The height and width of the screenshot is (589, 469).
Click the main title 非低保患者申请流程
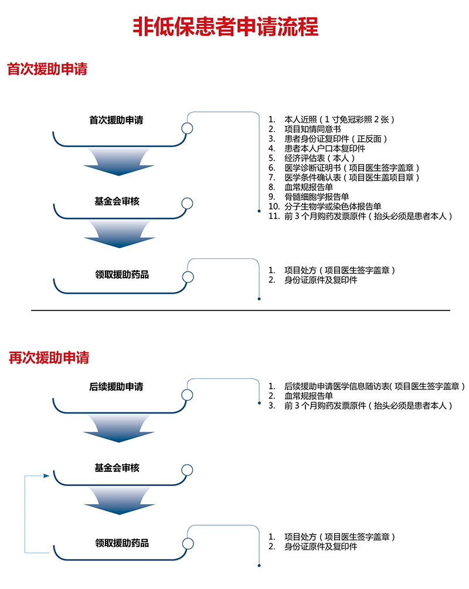[225, 26]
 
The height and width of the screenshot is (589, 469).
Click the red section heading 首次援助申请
[47, 69]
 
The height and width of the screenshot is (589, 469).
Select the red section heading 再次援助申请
[49, 358]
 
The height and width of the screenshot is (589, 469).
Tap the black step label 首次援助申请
[116, 120]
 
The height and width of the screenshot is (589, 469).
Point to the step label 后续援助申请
[116, 386]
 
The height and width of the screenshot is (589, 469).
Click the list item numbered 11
[361, 216]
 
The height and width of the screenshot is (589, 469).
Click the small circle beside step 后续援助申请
[187, 395]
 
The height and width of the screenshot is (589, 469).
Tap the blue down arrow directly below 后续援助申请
[119, 429]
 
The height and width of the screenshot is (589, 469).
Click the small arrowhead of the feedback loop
[46, 475]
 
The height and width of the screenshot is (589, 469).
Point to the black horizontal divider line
[241, 311]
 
